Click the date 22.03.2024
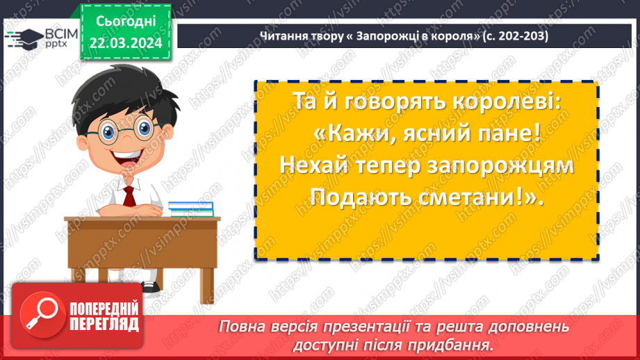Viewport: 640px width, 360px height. coord(124,42)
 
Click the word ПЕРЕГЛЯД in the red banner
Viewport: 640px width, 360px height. coord(104,324)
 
